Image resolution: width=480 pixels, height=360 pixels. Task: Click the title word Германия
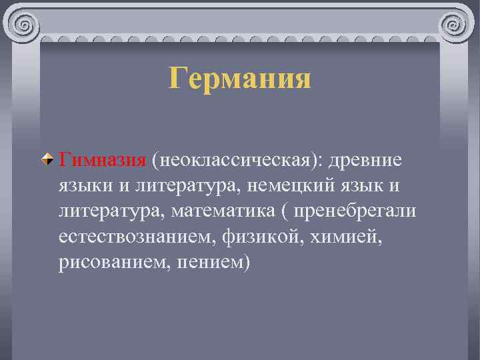pos(240,79)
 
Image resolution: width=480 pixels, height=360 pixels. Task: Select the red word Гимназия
pos(101,160)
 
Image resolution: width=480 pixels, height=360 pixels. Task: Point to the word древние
pos(367,160)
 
